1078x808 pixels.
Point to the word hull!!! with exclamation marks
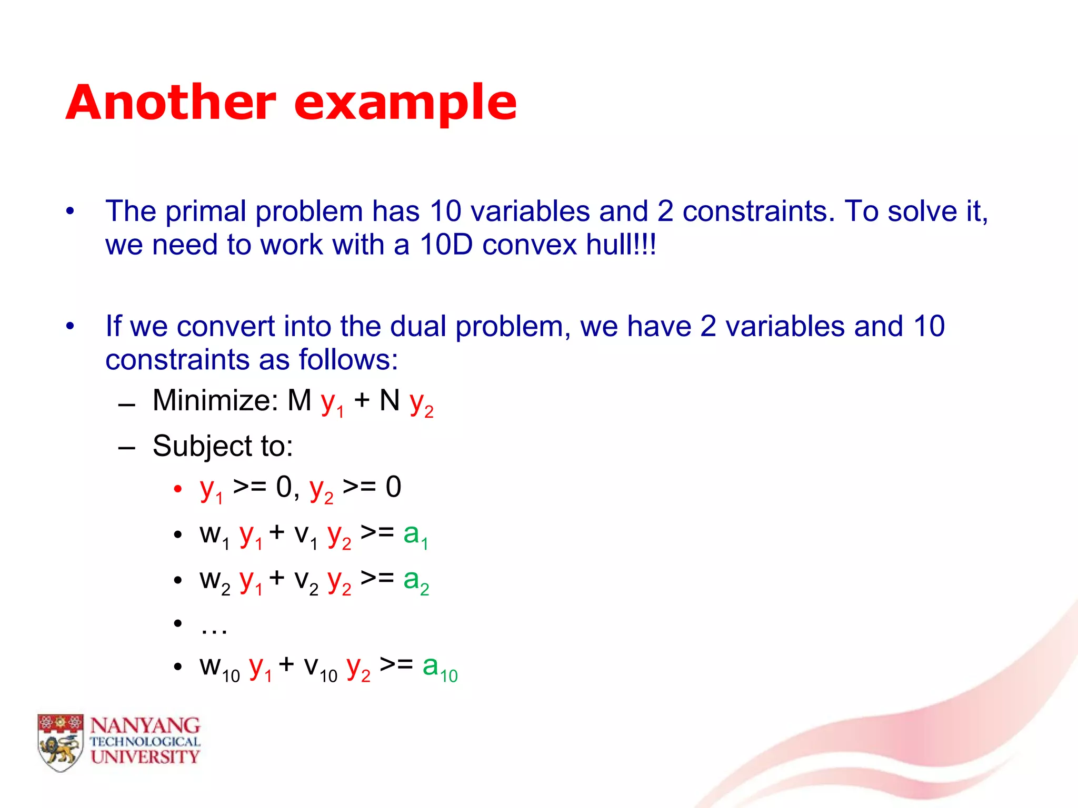(x=621, y=245)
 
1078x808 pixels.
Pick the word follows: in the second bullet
(x=348, y=360)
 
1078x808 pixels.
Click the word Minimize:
(x=216, y=401)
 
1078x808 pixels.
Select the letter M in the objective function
(x=299, y=401)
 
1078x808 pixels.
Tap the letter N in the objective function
(x=390, y=401)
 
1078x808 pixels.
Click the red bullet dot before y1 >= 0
(x=178, y=489)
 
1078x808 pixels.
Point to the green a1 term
(x=415, y=536)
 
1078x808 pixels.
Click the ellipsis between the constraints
(x=214, y=626)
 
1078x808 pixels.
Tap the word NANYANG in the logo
(x=145, y=726)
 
